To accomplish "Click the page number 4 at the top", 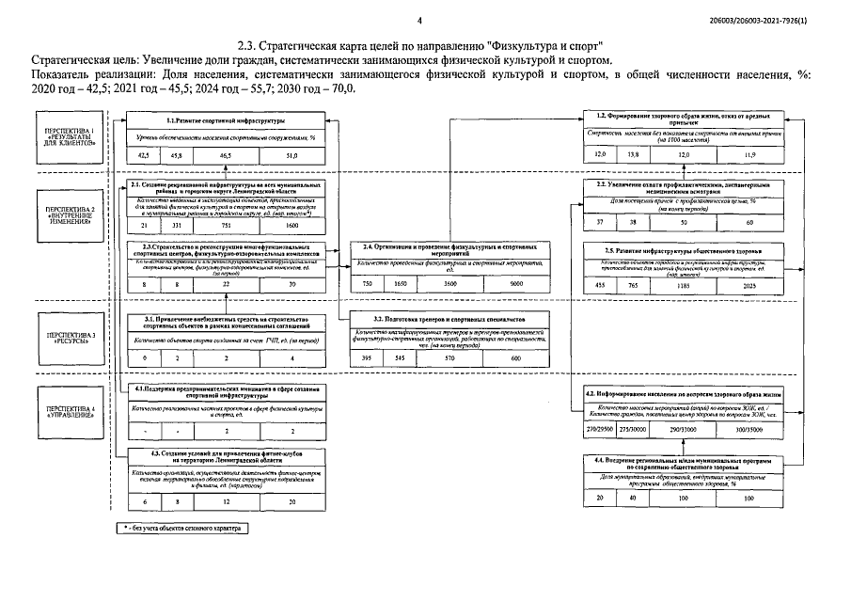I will coord(419,19).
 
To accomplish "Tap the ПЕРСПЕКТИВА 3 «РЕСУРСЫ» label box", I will coord(71,337).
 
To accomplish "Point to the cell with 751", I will coord(226,227).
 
